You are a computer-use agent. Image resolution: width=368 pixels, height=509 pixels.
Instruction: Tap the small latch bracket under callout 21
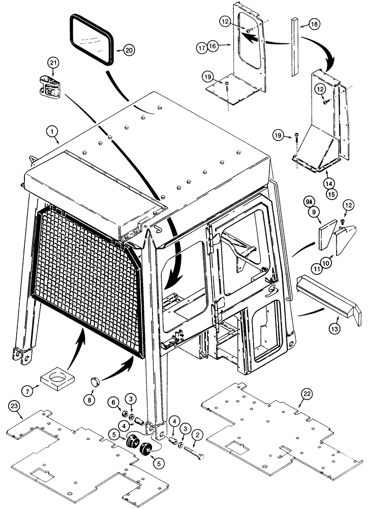coord(50,86)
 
